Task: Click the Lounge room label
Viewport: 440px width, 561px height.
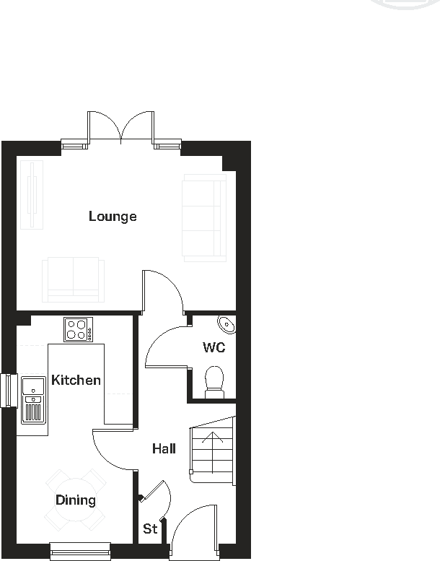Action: (113, 216)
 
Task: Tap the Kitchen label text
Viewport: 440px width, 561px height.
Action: (76, 380)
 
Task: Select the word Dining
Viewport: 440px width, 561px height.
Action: (76, 500)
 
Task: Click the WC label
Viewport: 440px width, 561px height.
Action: (214, 347)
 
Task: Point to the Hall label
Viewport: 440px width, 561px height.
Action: (164, 448)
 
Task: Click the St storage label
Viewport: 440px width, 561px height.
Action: (150, 529)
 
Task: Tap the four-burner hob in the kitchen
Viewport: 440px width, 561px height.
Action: (78, 329)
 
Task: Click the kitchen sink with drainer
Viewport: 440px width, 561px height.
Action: (33, 399)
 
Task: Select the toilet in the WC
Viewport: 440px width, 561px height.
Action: (214, 381)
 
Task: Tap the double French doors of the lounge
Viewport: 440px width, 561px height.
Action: (120, 127)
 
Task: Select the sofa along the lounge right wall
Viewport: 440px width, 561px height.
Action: (204, 217)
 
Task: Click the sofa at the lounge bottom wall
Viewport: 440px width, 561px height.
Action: (73, 279)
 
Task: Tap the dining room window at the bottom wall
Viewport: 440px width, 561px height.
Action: (80, 551)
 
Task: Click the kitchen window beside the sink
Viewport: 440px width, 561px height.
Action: (9, 391)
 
